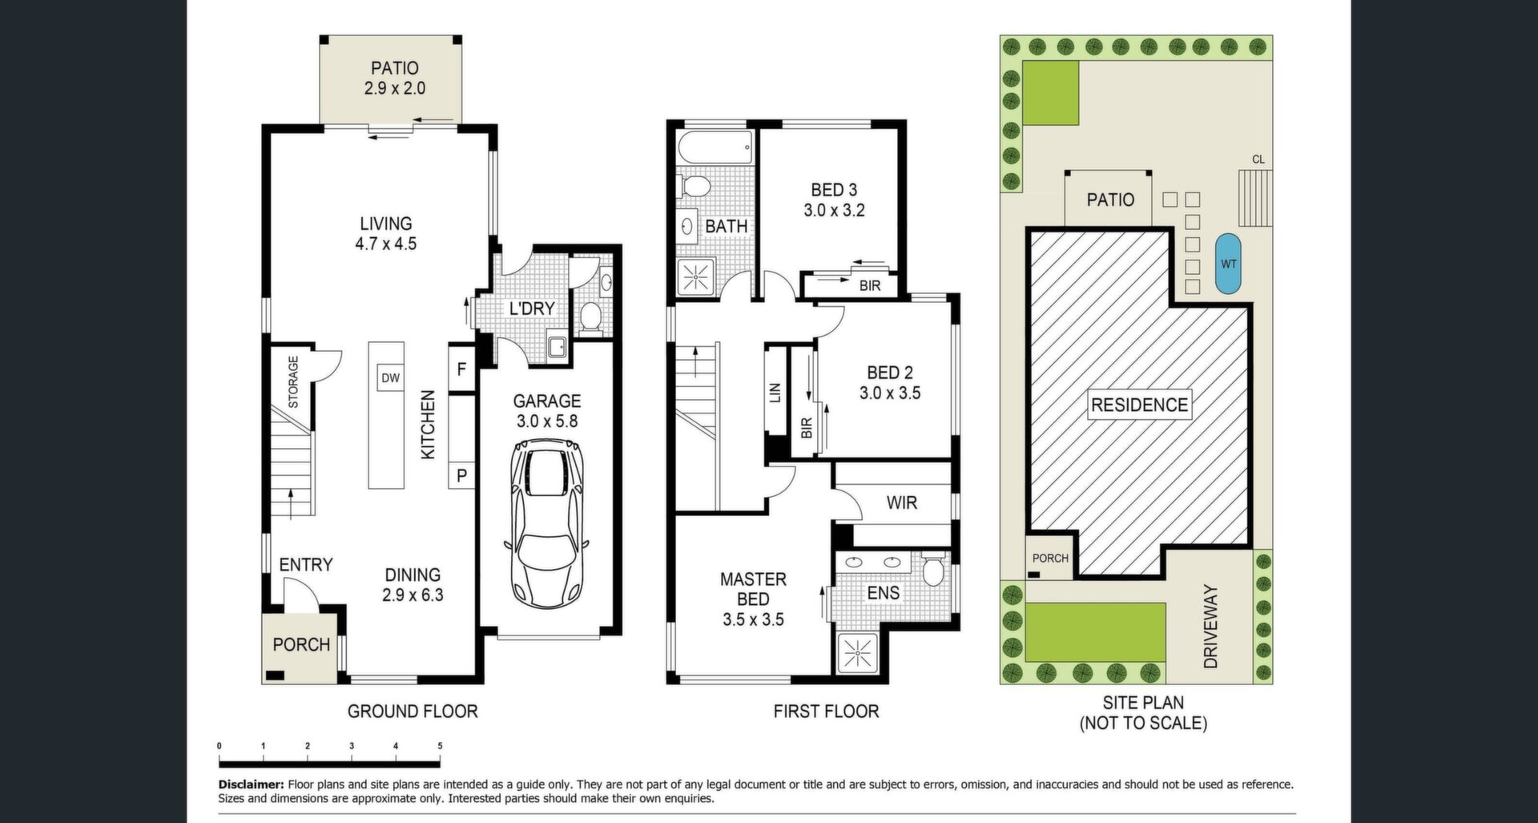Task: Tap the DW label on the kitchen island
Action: tap(390, 378)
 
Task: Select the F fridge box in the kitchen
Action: tap(461, 369)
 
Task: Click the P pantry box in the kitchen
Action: tap(461, 475)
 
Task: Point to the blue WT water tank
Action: tap(1228, 264)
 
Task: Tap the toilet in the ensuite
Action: tap(932, 570)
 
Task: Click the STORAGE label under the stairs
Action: tap(293, 381)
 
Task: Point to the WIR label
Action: tap(901, 503)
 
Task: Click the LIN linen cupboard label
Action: tap(775, 393)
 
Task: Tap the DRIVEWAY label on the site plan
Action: tap(1210, 627)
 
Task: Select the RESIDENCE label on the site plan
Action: tap(1139, 405)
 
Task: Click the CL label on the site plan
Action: tap(1258, 159)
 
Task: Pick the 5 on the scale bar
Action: tap(440, 746)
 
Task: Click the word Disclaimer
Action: tap(251, 785)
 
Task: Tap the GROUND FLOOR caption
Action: tap(413, 711)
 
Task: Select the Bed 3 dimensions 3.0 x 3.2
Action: tap(834, 211)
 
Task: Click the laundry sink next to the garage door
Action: tap(557, 346)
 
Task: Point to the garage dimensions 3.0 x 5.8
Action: tap(547, 421)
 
